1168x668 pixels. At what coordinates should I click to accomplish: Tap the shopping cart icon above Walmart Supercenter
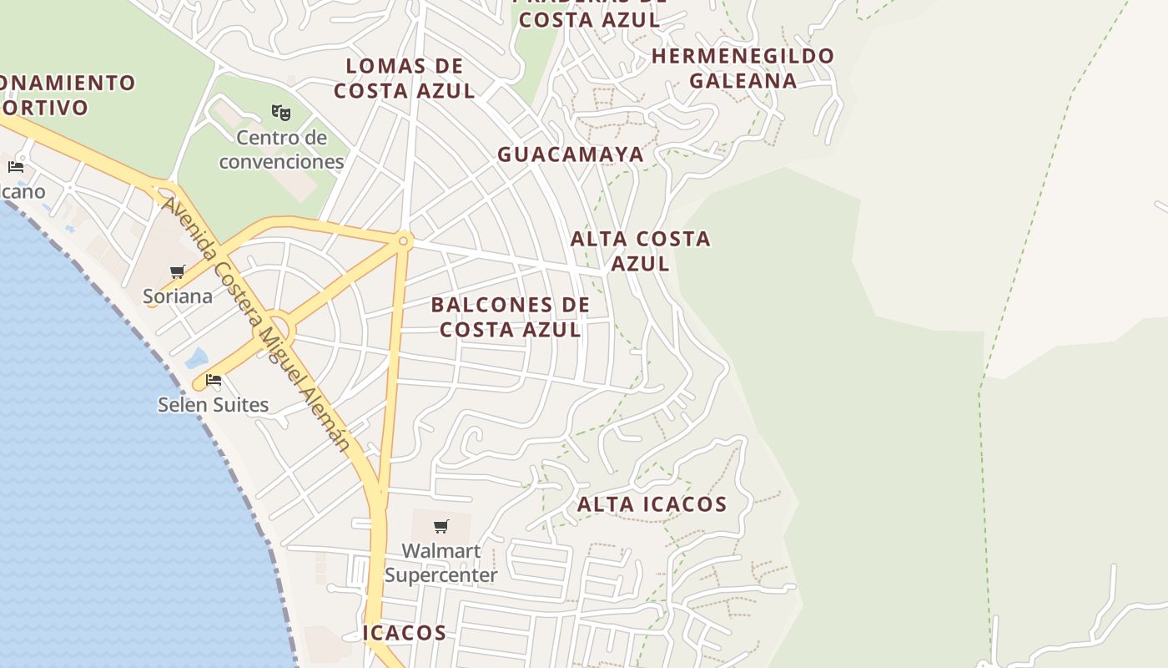pos(441,526)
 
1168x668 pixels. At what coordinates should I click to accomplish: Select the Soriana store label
pos(178,296)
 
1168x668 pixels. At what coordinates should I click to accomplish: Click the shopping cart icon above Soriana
pos(178,271)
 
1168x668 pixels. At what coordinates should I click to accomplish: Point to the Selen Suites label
pos(214,404)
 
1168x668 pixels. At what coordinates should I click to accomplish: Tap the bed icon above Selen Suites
pos(214,380)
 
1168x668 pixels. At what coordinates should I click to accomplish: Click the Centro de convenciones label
pos(281,149)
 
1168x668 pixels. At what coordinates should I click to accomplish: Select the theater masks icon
pos(281,112)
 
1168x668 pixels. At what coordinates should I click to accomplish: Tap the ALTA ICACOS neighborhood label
pos(652,504)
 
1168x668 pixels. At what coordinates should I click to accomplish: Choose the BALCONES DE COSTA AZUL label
pos(511,317)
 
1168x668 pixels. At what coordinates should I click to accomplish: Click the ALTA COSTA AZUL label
pos(641,250)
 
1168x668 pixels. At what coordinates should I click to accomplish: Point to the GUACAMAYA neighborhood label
pos(571,154)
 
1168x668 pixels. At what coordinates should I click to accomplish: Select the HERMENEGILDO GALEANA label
pos(743,68)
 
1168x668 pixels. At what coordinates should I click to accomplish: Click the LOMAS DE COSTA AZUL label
pos(405,78)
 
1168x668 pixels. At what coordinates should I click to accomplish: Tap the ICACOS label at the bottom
pos(405,633)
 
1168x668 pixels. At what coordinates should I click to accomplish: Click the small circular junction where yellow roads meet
pos(404,240)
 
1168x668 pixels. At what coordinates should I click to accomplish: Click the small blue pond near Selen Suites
pos(197,358)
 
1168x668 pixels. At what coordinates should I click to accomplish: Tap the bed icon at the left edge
pos(16,167)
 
